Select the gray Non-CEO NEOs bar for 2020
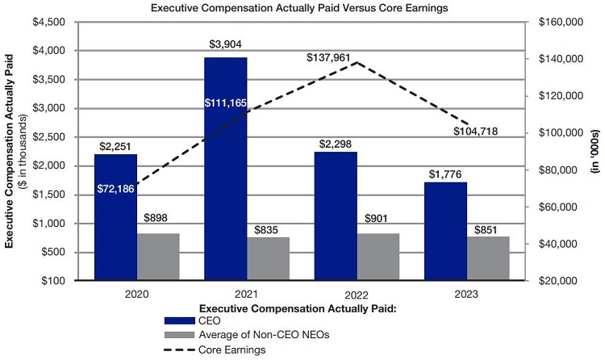[158, 257]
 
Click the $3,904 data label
[225, 44]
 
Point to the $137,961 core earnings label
[330, 58]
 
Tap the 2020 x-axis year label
[136, 295]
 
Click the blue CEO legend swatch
[180, 320]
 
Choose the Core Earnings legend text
[237, 350]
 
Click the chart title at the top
[302, 7]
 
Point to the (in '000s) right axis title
[595, 151]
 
